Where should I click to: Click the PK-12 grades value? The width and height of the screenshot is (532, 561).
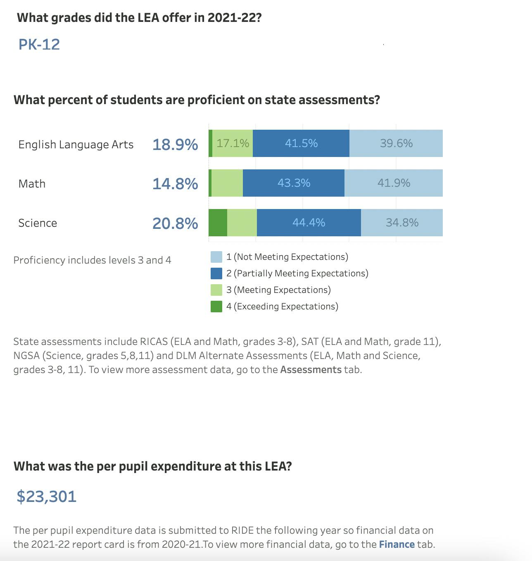[x=39, y=44]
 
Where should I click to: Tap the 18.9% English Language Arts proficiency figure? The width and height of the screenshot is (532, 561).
[x=175, y=144]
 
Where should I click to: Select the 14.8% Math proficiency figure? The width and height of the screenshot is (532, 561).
[x=175, y=183]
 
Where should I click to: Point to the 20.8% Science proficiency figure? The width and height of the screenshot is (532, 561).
[x=175, y=223]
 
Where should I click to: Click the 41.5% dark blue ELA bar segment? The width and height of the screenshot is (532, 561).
[x=301, y=143]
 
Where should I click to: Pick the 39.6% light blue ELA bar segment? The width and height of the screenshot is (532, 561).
[x=396, y=143]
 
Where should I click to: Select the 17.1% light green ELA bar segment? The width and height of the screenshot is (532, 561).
[x=233, y=143]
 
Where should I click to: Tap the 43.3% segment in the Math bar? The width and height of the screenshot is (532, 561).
[x=294, y=183]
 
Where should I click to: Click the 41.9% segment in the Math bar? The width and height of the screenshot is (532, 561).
[x=394, y=183]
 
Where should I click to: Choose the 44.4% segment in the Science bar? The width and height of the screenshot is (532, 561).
[x=309, y=223]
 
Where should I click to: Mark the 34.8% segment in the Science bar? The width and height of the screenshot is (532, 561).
[x=402, y=223]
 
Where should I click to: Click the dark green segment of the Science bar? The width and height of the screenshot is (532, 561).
[x=218, y=223]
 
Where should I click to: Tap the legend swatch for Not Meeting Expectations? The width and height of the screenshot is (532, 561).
[x=216, y=257]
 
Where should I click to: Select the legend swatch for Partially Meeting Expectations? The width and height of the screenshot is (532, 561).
[x=216, y=273]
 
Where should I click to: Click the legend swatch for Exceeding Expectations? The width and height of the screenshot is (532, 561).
[x=216, y=307]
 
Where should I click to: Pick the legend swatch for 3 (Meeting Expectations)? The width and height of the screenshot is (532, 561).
[x=216, y=290]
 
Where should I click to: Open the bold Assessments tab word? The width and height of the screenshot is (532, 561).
[x=311, y=370]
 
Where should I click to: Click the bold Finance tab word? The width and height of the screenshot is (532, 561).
[x=397, y=544]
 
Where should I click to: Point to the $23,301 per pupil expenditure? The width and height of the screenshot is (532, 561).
[x=47, y=496]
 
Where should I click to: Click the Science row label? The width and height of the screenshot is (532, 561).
[x=38, y=223]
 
